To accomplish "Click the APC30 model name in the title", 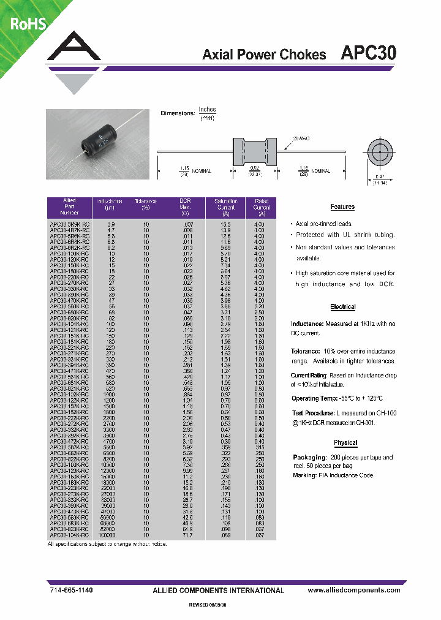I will click(368, 53).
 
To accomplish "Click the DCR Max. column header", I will click(185, 208).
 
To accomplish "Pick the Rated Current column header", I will click(262, 208).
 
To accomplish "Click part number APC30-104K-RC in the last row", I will click(69, 535).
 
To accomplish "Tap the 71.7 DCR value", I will click(187, 535).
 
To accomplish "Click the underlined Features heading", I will click(342, 207).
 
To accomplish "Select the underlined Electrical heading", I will click(342, 306).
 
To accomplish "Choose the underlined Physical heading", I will click(345, 442).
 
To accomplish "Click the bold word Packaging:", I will click(309, 458).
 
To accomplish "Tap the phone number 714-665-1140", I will click(70, 590).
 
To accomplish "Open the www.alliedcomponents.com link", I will click(354, 590).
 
